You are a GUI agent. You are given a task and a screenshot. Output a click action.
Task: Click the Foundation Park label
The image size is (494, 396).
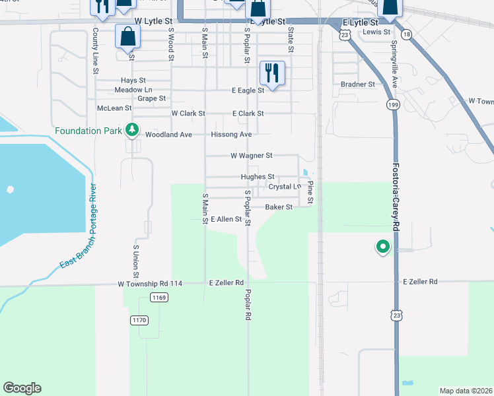click(x=88, y=131)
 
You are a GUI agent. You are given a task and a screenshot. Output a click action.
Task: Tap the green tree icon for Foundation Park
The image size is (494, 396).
click(x=132, y=131)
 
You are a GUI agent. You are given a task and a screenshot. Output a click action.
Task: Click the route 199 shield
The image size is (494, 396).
click(x=394, y=105)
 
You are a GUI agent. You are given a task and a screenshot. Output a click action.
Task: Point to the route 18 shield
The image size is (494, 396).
click(x=406, y=34)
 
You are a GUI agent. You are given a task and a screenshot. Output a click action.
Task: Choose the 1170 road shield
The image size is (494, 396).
click(x=139, y=320)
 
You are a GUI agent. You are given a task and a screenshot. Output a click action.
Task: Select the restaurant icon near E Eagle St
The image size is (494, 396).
click(x=272, y=72)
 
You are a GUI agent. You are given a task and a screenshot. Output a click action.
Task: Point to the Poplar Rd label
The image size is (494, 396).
click(x=248, y=304)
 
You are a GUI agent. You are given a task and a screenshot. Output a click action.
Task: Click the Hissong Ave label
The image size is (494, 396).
click(x=231, y=135)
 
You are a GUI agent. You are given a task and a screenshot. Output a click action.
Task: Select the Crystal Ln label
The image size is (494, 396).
click(x=285, y=187)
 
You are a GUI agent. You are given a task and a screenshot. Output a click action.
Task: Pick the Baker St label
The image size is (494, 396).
click(x=279, y=207)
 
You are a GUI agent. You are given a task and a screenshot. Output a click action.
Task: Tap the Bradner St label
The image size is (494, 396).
click(x=358, y=84)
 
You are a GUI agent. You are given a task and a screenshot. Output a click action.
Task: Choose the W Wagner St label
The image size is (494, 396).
click(x=251, y=156)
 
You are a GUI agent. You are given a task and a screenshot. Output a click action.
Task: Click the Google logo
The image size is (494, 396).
click(x=22, y=388)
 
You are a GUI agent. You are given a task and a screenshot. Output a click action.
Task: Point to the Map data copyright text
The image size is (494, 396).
click(x=466, y=391)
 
